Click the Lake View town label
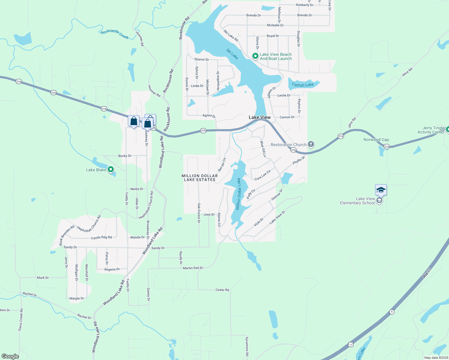click(x=260, y=117)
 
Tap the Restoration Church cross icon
click(x=311, y=144)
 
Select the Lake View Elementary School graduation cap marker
click(x=381, y=190)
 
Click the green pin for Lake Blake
click(x=111, y=169)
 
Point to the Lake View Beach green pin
click(x=255, y=56)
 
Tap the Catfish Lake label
click(x=303, y=85)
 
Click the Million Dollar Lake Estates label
click(x=200, y=178)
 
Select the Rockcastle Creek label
click(x=115, y=34)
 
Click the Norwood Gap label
click(x=376, y=139)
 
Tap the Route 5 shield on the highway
click(x=392, y=312)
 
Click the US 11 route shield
click(x=351, y=345)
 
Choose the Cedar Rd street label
click(x=222, y=290)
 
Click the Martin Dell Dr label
click(x=193, y=268)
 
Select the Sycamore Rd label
click(x=247, y=346)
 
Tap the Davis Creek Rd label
click(x=20, y=319)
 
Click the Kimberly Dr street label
click(x=304, y=5)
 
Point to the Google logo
click(x=10, y=356)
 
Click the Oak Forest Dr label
click(x=199, y=213)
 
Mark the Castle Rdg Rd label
click(x=101, y=238)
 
